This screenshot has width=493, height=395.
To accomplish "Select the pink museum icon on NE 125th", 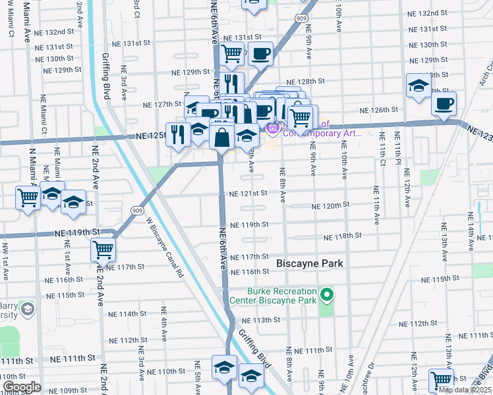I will coord(271,127).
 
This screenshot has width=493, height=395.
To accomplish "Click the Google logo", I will coord(22,387).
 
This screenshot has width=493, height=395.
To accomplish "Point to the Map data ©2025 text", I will coord(465,390).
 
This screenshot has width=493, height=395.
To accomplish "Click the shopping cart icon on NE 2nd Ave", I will coord(103,250).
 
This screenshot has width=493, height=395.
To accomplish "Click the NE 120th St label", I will coord(330,205).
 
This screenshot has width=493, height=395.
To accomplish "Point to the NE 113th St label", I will coord(262,319).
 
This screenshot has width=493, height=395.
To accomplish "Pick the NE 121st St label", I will coord(248,194).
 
